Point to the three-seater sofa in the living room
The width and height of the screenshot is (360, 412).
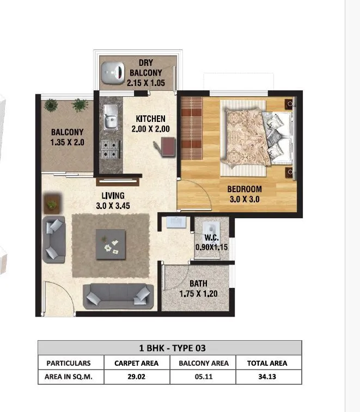pos(117,296)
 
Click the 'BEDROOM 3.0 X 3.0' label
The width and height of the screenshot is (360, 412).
pos(244,194)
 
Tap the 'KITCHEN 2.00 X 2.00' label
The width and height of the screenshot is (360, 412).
pos(150,124)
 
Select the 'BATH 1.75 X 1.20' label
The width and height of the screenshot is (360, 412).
pos(198,288)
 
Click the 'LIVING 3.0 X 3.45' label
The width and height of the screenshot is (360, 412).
pos(113,200)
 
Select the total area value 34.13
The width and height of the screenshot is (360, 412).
pos(266,377)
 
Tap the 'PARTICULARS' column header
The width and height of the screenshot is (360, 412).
pos(68,363)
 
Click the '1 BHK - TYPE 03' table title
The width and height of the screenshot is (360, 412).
pos(169,348)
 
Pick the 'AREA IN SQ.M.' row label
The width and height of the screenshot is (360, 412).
pos(68,377)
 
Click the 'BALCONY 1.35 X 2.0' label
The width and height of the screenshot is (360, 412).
pos(67,136)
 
